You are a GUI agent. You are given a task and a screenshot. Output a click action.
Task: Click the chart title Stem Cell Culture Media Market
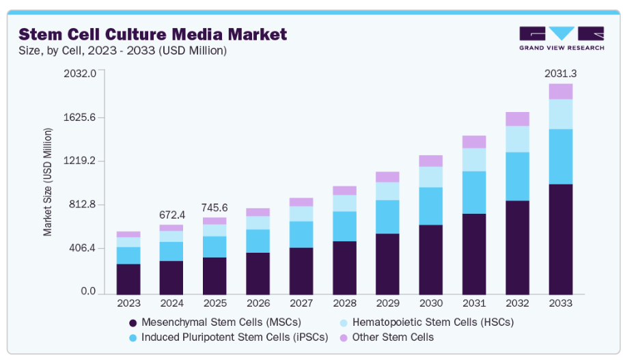(x=152, y=34)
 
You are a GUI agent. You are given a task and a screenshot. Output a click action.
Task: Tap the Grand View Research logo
(x=561, y=38)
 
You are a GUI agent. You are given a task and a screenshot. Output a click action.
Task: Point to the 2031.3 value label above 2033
(x=560, y=73)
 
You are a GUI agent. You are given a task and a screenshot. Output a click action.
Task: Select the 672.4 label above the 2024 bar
(x=171, y=214)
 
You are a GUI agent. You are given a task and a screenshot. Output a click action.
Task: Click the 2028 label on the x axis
(x=344, y=303)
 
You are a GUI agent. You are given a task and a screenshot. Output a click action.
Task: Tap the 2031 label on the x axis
(x=473, y=303)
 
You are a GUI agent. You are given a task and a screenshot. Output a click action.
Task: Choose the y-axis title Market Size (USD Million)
(x=48, y=182)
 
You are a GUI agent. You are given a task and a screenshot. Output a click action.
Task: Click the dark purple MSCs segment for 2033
(x=560, y=239)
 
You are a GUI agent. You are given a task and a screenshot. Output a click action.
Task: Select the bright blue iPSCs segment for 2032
(x=517, y=176)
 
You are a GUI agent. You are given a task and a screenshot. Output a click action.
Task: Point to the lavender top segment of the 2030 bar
(x=430, y=161)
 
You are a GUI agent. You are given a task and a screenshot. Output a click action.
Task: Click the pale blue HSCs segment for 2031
(x=473, y=160)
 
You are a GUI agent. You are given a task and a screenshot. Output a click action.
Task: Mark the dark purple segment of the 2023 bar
(x=128, y=279)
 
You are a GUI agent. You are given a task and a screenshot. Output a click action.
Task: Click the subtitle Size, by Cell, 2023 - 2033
(x=122, y=51)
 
